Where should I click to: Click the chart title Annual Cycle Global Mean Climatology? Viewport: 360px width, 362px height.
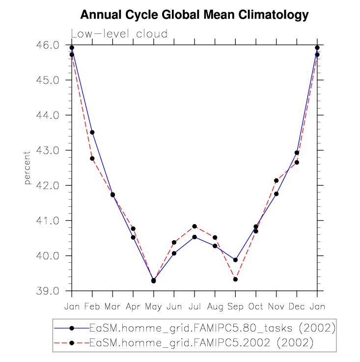[x=194, y=15]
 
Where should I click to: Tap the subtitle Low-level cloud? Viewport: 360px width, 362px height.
[x=119, y=34]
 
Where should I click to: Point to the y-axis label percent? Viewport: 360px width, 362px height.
[x=28, y=168]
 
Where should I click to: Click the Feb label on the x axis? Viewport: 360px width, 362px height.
[x=92, y=306]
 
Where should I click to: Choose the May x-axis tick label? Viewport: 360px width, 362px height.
[x=153, y=306]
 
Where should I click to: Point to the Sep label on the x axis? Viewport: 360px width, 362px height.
[x=235, y=306]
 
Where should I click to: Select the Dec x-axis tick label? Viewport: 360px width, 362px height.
[x=297, y=306]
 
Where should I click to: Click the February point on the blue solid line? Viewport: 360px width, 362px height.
[x=92, y=132]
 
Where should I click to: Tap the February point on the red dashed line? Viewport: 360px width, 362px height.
[x=92, y=158]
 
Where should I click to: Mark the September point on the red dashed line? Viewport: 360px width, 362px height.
[x=235, y=279]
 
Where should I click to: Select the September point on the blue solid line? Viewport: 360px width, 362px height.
[x=235, y=260]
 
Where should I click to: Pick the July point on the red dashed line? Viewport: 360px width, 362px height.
[x=194, y=226]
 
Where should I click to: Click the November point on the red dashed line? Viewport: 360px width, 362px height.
[x=277, y=181]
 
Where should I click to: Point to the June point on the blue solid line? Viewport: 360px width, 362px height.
[x=174, y=253]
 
